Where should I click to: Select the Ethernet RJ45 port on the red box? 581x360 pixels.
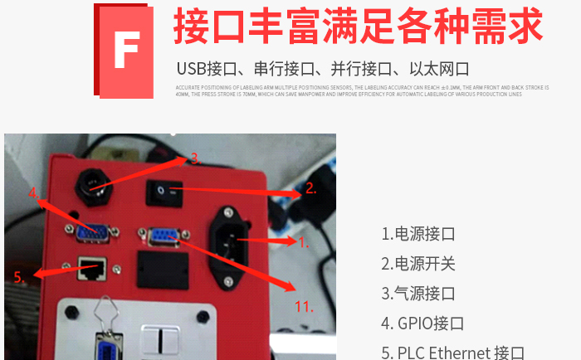coord(90,267)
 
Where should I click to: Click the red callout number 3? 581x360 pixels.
coord(193,157)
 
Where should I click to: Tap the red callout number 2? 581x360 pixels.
coord(310,189)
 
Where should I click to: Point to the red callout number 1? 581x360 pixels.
coord(303,242)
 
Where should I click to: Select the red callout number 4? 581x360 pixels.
coord(34,193)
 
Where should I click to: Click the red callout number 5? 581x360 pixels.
coord(19,277)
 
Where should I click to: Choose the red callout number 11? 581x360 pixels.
coord(304,307)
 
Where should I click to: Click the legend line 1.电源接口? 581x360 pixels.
coord(418,234)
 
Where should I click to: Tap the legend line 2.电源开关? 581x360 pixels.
coord(418,264)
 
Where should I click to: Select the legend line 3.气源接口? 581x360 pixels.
coord(418,294)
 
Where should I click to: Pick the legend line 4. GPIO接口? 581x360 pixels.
coord(422,324)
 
